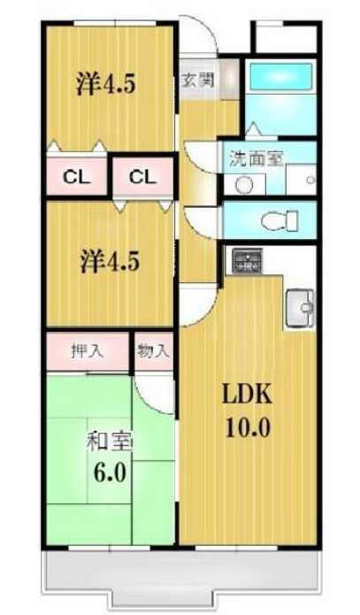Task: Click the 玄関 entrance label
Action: pos(197,80)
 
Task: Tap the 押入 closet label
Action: pos(87,350)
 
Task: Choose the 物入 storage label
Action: pos(153,350)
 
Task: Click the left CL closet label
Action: pos(76,176)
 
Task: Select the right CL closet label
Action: pos(142,176)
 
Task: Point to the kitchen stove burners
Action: pos(249,261)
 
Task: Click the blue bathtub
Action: pos(278,78)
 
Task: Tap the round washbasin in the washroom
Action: pos(244,184)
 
